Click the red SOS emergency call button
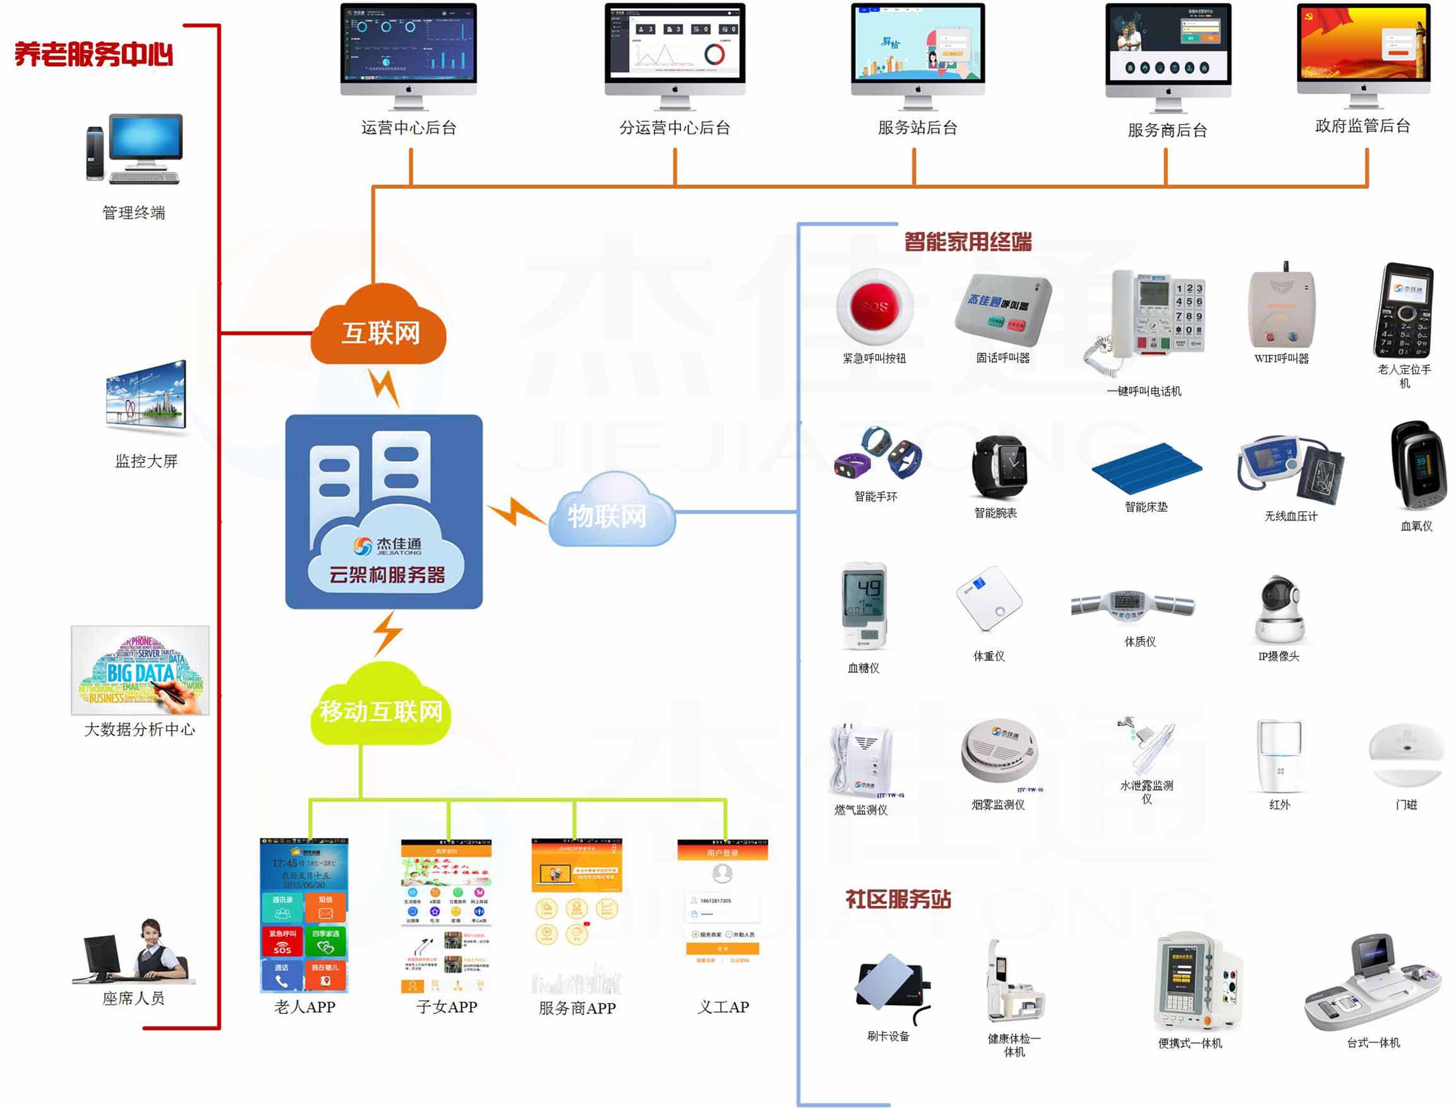tap(874, 306)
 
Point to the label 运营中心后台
tap(408, 128)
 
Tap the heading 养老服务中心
tap(93, 54)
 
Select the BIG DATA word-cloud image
tap(140, 670)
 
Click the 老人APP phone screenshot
tap(304, 915)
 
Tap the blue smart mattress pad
tap(1146, 469)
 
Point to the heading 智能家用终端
tap(967, 242)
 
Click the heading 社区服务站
tap(898, 899)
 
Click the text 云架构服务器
tap(387, 574)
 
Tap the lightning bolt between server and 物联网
tap(515, 510)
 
